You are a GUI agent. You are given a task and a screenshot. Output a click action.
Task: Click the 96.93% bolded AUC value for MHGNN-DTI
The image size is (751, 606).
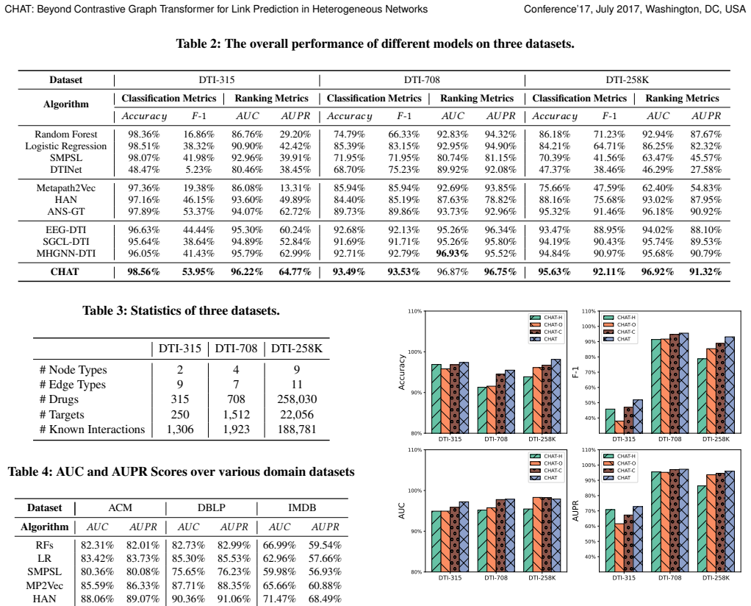pos(453,254)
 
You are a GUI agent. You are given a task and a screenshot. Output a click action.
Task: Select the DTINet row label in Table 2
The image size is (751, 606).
pos(65,170)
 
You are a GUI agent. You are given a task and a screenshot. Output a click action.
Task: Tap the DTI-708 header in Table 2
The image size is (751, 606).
pos(422,80)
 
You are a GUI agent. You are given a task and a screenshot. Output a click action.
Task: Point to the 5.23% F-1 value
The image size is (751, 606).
pos(198,170)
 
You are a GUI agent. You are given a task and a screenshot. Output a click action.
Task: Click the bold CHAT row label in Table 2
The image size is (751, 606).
pos(65,272)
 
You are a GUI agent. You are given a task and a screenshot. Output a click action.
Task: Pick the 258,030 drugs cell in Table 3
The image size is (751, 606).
pos(297,399)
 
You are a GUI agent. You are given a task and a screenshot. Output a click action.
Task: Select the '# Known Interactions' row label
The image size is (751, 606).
pos(92,429)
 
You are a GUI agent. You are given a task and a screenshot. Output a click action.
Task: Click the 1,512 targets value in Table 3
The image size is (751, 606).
pos(236,415)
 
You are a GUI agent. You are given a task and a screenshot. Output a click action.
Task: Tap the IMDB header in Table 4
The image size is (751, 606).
pos(302,507)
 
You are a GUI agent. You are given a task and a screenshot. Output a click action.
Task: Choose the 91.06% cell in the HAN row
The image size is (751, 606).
pos(234,599)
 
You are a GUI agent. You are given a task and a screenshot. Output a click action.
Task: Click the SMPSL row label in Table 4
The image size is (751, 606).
pos(45,572)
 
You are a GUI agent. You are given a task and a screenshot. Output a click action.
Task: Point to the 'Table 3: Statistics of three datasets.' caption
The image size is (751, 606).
pos(181,310)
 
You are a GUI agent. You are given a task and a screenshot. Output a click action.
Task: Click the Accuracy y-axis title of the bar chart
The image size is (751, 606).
pos(402,372)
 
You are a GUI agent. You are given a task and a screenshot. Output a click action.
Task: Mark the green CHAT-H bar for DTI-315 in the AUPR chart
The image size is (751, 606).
pos(610,541)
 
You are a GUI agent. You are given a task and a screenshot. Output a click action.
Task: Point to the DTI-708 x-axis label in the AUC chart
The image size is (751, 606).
pos(496,578)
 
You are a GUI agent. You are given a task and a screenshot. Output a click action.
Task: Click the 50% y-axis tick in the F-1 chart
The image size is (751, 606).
pos(591,403)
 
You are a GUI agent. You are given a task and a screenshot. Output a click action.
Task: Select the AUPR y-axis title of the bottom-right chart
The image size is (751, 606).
pos(575,511)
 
